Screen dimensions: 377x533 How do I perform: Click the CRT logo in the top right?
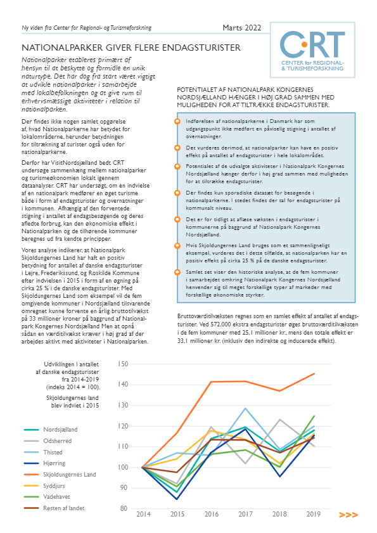[x=312, y=50]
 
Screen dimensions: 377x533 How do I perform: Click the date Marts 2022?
[x=242, y=28]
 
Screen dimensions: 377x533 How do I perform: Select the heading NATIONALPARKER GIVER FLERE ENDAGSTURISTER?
[x=131, y=48]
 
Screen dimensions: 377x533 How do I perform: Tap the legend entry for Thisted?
[x=43, y=452]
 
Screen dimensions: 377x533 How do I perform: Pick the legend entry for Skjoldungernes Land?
[x=60, y=475]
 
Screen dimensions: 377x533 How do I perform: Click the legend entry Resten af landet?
[x=54, y=508]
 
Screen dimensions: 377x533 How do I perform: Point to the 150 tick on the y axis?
[x=123, y=364]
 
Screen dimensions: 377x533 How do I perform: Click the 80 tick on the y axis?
[x=124, y=508]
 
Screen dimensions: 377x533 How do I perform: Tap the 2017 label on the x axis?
[x=245, y=514]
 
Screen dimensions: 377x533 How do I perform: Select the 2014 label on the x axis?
[x=143, y=514]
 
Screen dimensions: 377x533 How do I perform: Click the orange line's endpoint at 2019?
[x=314, y=373]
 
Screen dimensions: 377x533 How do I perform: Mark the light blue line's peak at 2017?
[x=245, y=408]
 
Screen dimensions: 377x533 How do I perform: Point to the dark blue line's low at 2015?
[x=177, y=499]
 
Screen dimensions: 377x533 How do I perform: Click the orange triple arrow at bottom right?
[x=348, y=515]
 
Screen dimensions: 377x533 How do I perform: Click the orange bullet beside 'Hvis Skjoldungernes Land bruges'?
[x=177, y=246]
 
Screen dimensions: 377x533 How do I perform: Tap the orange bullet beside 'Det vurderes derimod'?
[x=177, y=148]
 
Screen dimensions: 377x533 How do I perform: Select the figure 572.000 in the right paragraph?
[x=222, y=324]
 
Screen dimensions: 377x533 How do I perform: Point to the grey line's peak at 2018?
[x=279, y=420]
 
